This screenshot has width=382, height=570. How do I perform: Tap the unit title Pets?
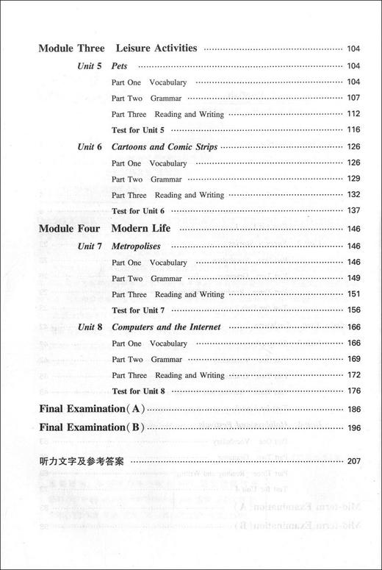click(120, 65)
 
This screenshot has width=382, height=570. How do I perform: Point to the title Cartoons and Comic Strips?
click(164, 146)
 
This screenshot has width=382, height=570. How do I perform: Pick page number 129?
click(353, 179)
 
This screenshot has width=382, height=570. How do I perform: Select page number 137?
click(353, 211)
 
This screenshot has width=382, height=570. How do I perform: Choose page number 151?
click(353, 294)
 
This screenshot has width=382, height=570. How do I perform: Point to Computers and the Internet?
click(166, 327)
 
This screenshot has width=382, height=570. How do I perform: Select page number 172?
click(353, 375)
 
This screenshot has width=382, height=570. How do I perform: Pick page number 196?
click(353, 428)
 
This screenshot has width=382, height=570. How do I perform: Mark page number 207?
click(353, 462)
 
